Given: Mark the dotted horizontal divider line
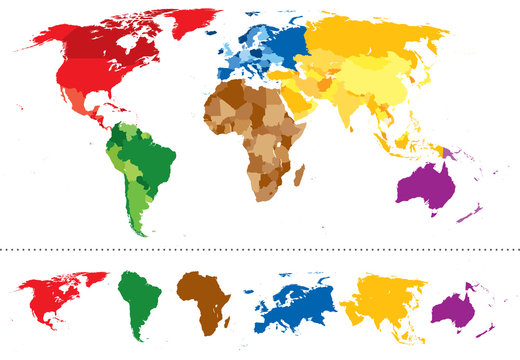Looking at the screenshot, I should pyautogui.click(x=260, y=248).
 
